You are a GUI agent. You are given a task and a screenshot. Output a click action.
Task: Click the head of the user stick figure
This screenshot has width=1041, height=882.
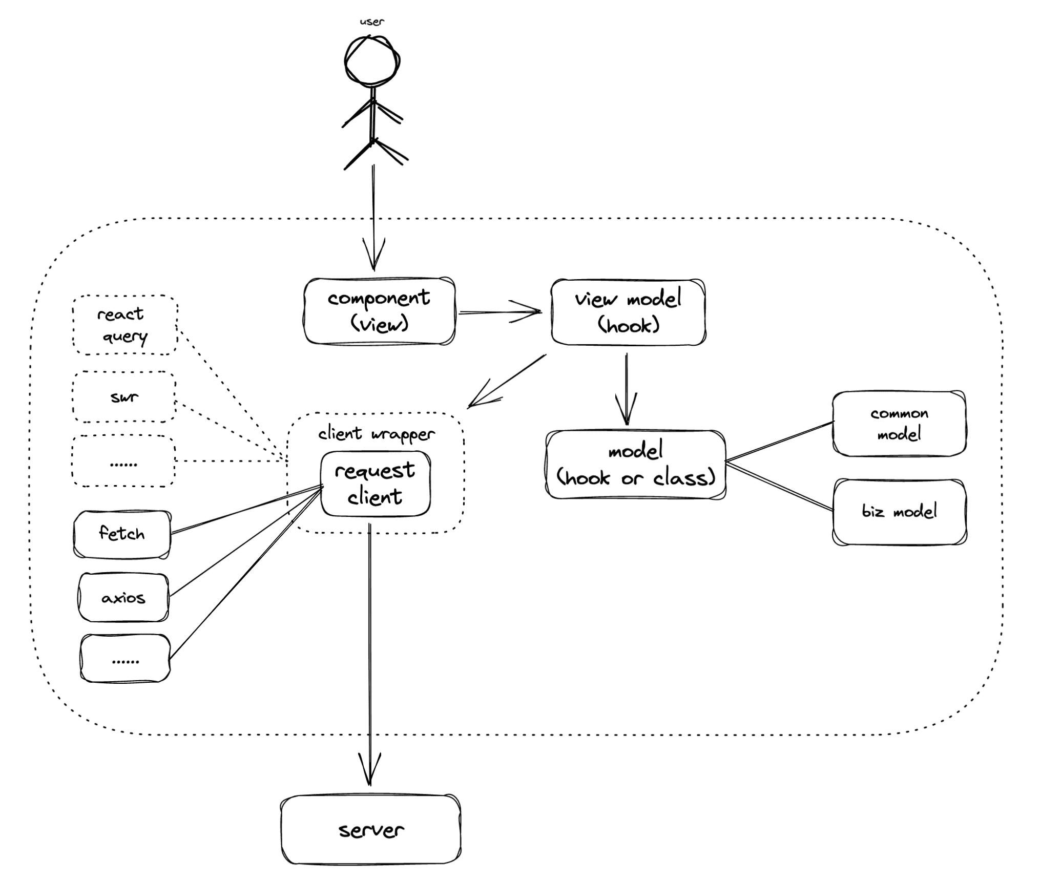pos(372,60)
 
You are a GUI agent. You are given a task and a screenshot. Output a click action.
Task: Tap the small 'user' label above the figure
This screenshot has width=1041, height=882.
pos(371,22)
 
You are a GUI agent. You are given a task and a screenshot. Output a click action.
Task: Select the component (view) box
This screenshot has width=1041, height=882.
pos(379,311)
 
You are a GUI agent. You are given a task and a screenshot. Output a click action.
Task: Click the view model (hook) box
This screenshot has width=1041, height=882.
pos(628,312)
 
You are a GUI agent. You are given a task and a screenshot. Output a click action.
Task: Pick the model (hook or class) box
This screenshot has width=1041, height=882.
pos(635,464)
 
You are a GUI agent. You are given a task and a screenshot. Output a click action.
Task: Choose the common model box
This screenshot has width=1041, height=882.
pos(899,424)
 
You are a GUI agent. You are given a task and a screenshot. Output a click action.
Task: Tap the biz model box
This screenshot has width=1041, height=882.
pos(899,512)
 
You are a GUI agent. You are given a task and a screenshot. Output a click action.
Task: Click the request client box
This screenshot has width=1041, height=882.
pos(375,484)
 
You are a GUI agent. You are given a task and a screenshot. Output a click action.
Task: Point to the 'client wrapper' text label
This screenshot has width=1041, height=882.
pos(377,434)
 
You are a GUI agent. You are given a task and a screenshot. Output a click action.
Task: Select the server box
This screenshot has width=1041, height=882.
pos(371,830)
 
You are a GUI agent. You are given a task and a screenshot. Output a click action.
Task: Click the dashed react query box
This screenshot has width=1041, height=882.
pos(124,325)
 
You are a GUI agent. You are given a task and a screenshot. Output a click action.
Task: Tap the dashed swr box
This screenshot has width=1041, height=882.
pos(124,397)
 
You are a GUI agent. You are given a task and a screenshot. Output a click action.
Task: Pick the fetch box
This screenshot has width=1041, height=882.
pos(122,534)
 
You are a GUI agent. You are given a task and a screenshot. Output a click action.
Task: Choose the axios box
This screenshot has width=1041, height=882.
pos(123,597)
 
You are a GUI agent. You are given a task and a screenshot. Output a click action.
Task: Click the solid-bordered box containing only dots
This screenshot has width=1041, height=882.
pos(125,659)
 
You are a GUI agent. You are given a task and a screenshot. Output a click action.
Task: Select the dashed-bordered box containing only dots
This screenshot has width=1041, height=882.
pos(123,461)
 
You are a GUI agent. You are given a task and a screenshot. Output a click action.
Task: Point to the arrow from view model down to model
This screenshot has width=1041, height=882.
pos(626,389)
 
